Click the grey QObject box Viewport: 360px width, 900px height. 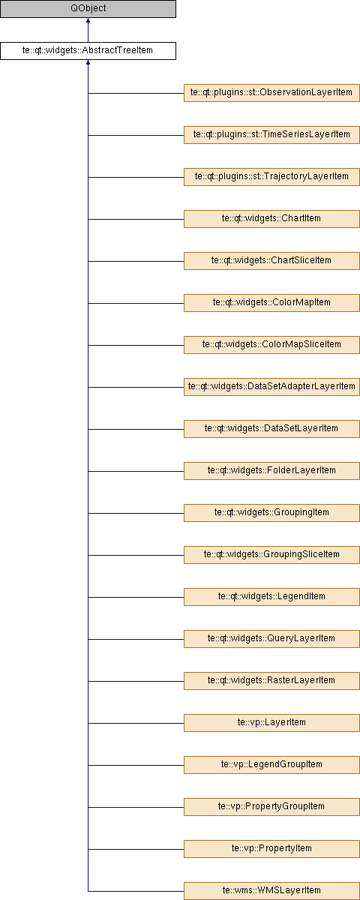click(88, 9)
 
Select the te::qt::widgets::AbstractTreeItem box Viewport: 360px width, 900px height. click(88, 51)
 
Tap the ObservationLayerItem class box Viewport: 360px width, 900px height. click(271, 93)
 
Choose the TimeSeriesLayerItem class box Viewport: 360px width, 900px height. click(271, 135)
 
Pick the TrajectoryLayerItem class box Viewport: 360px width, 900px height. click(271, 177)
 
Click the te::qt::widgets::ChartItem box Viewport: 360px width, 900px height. click(271, 219)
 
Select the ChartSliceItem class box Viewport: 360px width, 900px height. click(271, 261)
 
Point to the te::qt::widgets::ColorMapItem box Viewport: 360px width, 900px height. click(271, 303)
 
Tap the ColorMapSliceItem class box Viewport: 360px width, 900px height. click(271, 345)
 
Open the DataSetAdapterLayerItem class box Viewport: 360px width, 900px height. click(271, 387)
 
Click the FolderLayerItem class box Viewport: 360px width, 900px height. click(271, 471)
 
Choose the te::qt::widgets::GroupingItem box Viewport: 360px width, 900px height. click(271, 513)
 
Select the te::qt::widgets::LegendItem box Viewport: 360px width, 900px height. click(271, 597)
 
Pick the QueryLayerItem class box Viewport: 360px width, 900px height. click(271, 639)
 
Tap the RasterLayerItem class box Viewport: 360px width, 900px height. click(271, 681)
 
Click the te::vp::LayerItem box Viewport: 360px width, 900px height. click(271, 723)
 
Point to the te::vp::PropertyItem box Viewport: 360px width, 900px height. click(271, 848)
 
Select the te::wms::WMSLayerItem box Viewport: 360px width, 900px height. click(271, 891)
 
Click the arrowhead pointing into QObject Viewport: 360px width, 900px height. click(88, 20)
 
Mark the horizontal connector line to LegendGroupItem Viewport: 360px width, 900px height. click(136, 765)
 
